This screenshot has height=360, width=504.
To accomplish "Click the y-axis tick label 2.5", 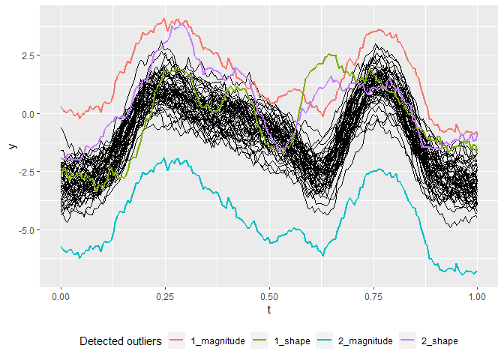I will coord(26,56).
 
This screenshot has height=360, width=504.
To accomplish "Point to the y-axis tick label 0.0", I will coord(26,114).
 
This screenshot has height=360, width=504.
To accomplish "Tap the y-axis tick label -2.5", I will coord(25,172).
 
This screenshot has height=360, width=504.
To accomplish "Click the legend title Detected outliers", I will coord(120,341).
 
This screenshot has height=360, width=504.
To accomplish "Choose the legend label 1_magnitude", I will coord(218,341).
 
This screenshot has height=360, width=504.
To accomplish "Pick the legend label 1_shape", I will coord(290,341).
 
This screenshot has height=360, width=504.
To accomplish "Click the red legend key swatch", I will coord(177,341).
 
